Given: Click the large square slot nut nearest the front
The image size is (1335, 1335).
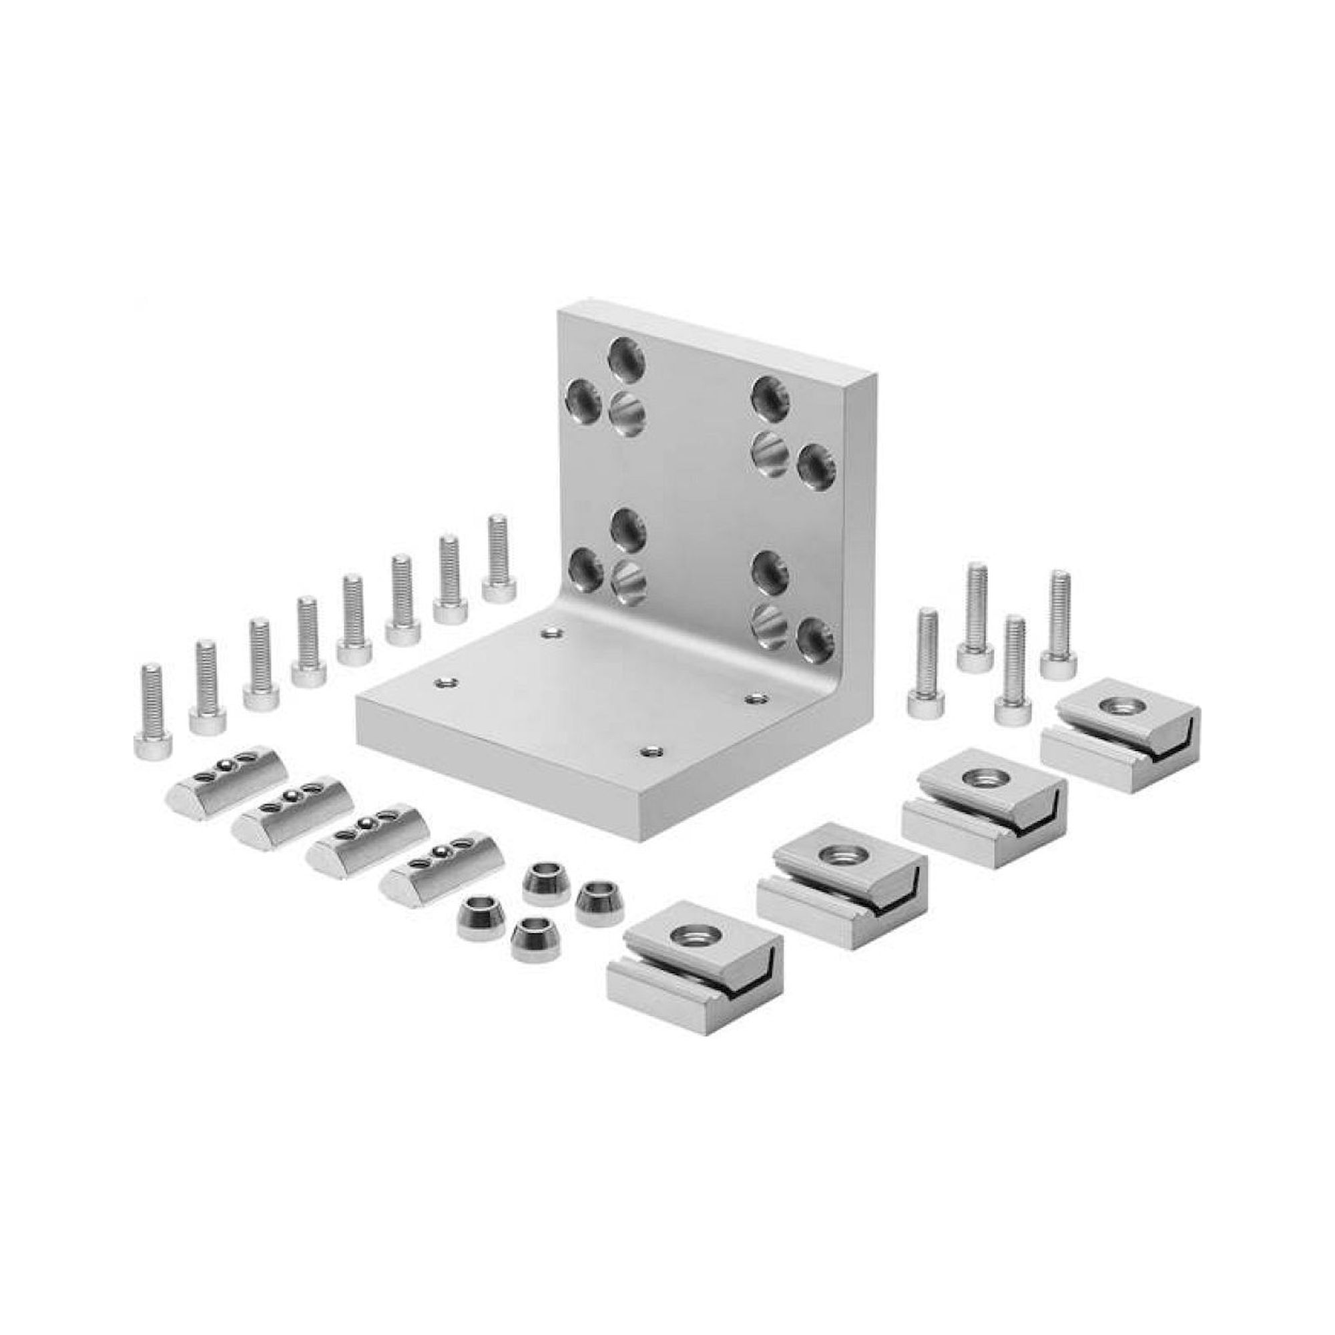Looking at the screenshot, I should click(693, 964).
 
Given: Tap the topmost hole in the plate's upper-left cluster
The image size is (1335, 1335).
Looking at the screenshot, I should click(626, 357).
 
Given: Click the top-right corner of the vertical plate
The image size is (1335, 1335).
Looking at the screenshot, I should click(875, 376).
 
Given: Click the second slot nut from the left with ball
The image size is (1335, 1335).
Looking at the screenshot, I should click(290, 817).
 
